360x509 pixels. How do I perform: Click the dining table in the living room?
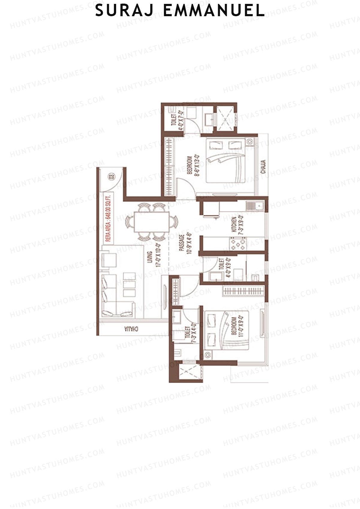tap(151, 222)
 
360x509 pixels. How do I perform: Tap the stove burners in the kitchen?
tap(238, 244)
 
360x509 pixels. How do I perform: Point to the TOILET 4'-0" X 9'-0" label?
tap(225, 268)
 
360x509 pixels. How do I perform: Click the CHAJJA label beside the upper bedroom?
tap(263, 167)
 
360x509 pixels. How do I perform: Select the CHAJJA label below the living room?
tap(132, 329)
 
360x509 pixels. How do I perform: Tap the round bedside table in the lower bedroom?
tap(207, 355)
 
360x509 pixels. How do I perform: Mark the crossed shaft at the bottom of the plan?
tap(188, 372)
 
